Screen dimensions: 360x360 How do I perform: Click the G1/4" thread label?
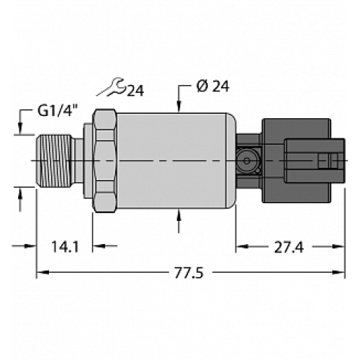pyautogui.click(x=57, y=113)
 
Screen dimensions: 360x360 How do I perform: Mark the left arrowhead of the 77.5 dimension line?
pyautogui.click(x=40, y=272)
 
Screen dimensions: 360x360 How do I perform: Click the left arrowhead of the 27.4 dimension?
pyautogui.click(x=241, y=247)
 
